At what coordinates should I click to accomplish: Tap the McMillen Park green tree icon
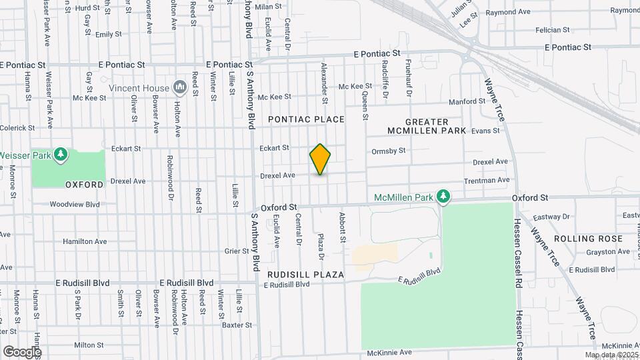coord(442,197)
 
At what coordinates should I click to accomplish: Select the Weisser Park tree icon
coord(61,155)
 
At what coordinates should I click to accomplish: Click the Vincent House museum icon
coord(179,87)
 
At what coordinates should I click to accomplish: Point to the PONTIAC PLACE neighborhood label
coord(306,119)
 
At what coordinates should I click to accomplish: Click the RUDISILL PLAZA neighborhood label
coord(305,275)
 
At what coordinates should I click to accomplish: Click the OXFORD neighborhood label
coord(84,184)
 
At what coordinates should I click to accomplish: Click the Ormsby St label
coord(389,151)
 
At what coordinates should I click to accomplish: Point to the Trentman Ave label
coord(487,180)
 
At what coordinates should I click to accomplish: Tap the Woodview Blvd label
coord(74,204)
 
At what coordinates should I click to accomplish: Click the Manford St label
coord(467,101)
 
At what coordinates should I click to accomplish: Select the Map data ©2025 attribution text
coord(611,355)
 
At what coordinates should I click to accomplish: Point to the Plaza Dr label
coord(321,246)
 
